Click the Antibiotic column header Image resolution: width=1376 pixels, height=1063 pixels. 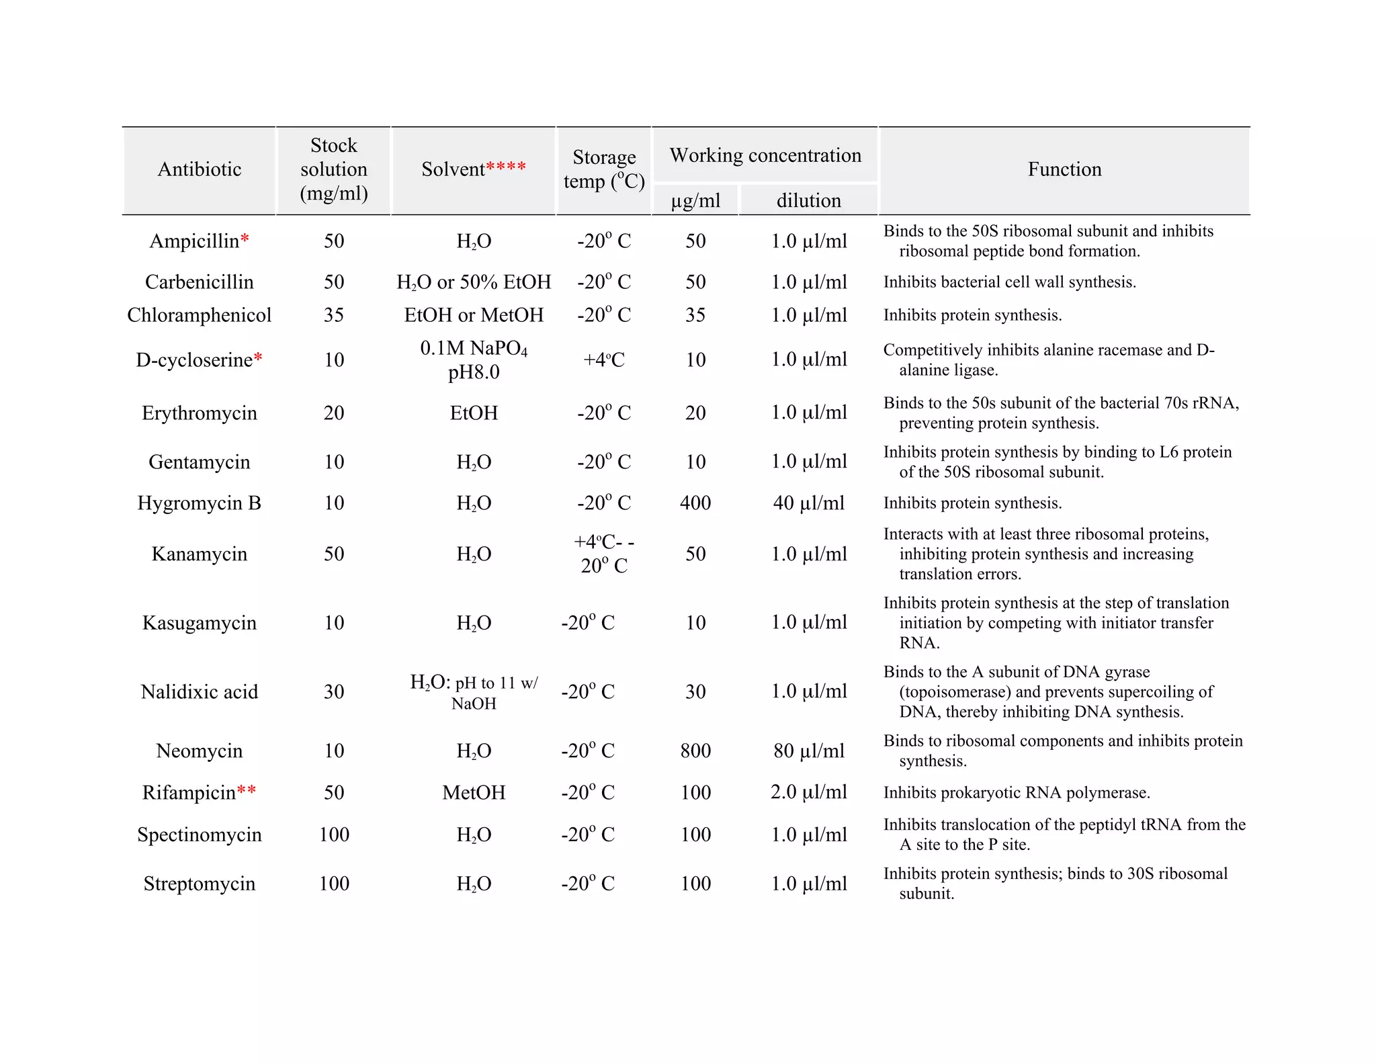[199, 169]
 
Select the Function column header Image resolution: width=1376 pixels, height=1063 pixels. [1064, 169]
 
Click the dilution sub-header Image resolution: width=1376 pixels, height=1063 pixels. [808, 200]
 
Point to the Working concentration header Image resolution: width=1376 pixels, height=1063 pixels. [765, 155]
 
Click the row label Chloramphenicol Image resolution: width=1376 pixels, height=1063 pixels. [199, 315]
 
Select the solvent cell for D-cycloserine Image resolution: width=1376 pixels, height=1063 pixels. [474, 359]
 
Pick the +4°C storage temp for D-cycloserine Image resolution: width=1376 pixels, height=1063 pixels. [603, 359]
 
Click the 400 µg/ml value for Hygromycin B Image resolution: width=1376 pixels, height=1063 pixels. [695, 503]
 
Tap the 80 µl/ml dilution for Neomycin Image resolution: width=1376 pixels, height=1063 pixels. [808, 751]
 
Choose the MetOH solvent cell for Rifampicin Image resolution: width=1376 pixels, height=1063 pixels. [474, 792]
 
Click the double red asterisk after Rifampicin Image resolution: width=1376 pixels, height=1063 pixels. [247, 790]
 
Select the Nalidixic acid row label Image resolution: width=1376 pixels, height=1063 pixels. [199, 691]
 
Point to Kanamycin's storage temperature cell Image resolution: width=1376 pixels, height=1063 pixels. [603, 554]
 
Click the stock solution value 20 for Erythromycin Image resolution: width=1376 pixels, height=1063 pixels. [333, 413]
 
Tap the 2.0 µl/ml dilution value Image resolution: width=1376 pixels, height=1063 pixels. [808, 792]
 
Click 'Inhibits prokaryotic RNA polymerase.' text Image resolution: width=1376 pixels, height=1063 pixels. [1016, 793]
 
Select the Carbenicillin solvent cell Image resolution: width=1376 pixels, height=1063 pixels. [474, 282]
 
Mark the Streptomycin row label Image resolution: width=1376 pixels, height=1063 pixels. [199, 883]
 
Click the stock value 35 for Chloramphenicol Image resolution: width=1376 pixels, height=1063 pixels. [333, 315]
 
